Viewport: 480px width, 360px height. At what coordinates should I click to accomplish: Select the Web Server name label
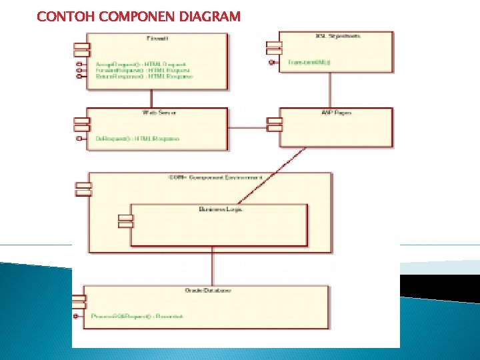tap(159, 113)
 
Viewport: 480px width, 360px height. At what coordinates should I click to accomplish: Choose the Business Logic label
tap(221, 209)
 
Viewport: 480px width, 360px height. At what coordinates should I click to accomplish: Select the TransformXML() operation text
tap(304, 62)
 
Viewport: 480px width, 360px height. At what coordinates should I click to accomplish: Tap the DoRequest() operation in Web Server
tap(137, 139)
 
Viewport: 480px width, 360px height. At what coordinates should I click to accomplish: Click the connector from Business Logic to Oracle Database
tap(213, 267)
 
